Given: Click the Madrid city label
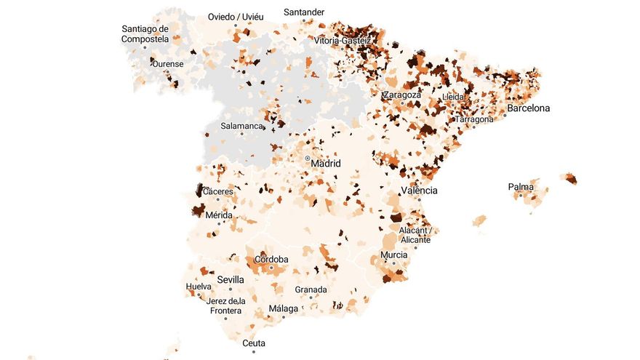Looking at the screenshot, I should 326,164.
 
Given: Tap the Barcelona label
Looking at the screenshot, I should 529,108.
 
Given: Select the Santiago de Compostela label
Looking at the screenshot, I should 145,34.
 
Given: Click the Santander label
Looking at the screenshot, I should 304,12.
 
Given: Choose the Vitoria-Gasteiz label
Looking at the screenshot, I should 342,41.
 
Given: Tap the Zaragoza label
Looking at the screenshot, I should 402,95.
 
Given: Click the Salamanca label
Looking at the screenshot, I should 241,126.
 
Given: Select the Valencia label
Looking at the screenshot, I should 419,191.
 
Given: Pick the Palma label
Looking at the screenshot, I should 521,187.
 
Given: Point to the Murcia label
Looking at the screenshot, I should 394,255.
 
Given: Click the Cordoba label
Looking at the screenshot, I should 271,260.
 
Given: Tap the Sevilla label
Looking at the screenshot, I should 231,279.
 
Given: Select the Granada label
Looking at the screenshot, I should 311,289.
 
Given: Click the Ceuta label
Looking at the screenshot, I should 254,343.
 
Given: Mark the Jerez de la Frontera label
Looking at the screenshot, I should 225,305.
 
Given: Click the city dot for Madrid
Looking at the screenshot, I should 308,158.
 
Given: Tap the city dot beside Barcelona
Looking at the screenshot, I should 505,115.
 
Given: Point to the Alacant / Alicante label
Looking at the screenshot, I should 415,235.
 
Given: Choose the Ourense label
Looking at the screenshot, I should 167,64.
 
